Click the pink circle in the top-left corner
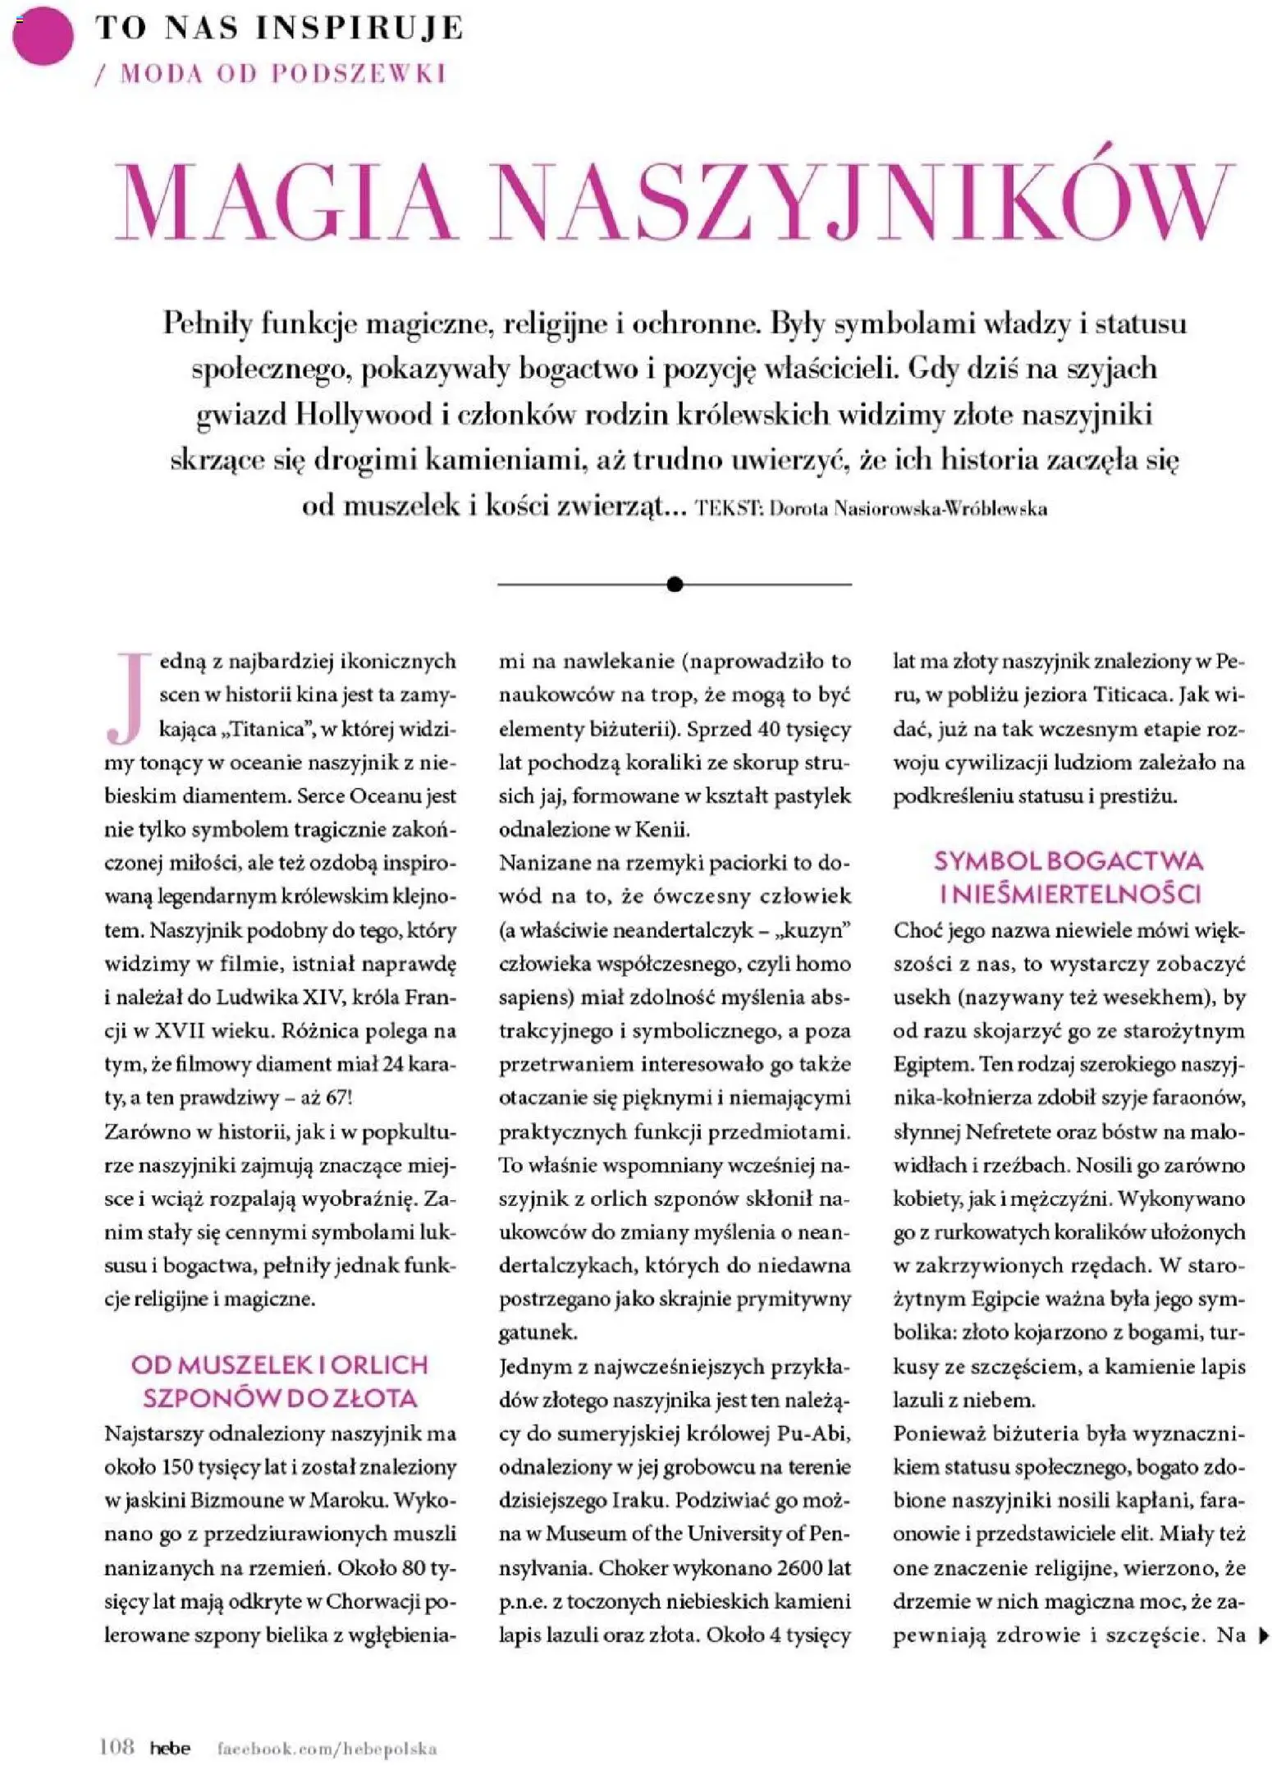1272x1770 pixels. (43, 35)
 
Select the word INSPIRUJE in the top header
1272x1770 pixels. (359, 28)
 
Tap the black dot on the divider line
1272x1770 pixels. (675, 585)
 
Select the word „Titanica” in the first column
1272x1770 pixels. (264, 729)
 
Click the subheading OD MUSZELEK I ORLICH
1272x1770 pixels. (280, 1365)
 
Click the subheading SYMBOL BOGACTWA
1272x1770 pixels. (1068, 861)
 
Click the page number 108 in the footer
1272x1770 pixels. (117, 1745)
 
